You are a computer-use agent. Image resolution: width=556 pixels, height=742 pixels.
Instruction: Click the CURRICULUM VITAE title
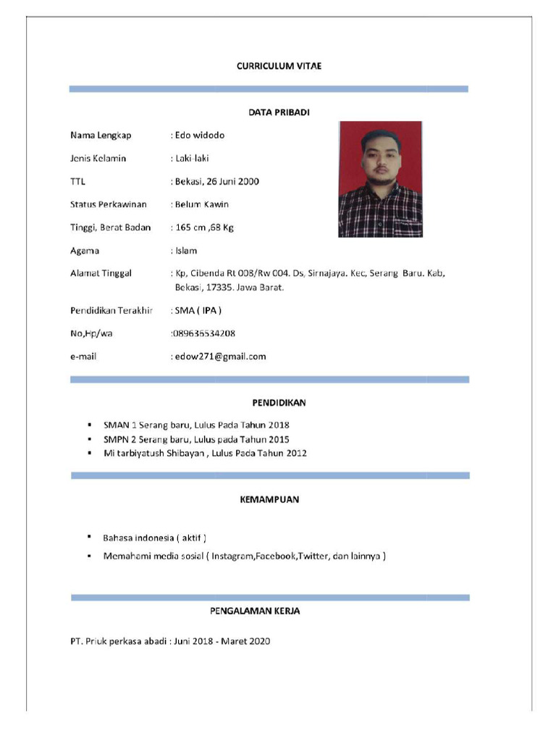pyautogui.click(x=279, y=66)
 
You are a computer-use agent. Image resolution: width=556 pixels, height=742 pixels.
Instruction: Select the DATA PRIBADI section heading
pyautogui.click(x=279, y=112)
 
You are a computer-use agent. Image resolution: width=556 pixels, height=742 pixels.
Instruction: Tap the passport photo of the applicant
pyautogui.click(x=379, y=179)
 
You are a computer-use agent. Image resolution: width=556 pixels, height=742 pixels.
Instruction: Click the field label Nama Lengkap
pyautogui.click(x=101, y=136)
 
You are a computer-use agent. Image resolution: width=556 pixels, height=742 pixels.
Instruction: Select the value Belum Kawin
pyautogui.click(x=202, y=204)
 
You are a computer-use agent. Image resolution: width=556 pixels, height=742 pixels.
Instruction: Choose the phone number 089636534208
pyautogui.click(x=203, y=333)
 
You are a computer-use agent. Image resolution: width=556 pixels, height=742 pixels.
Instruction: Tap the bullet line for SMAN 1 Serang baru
pyautogui.click(x=196, y=425)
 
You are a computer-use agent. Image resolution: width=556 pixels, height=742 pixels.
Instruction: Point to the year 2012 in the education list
pyautogui.click(x=295, y=454)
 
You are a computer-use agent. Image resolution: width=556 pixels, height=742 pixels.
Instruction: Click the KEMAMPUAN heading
pyautogui.click(x=270, y=500)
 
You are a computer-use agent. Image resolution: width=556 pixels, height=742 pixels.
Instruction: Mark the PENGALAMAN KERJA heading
pyautogui.click(x=255, y=612)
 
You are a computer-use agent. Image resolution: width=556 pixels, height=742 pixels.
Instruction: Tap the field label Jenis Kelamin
pyautogui.click(x=98, y=159)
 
